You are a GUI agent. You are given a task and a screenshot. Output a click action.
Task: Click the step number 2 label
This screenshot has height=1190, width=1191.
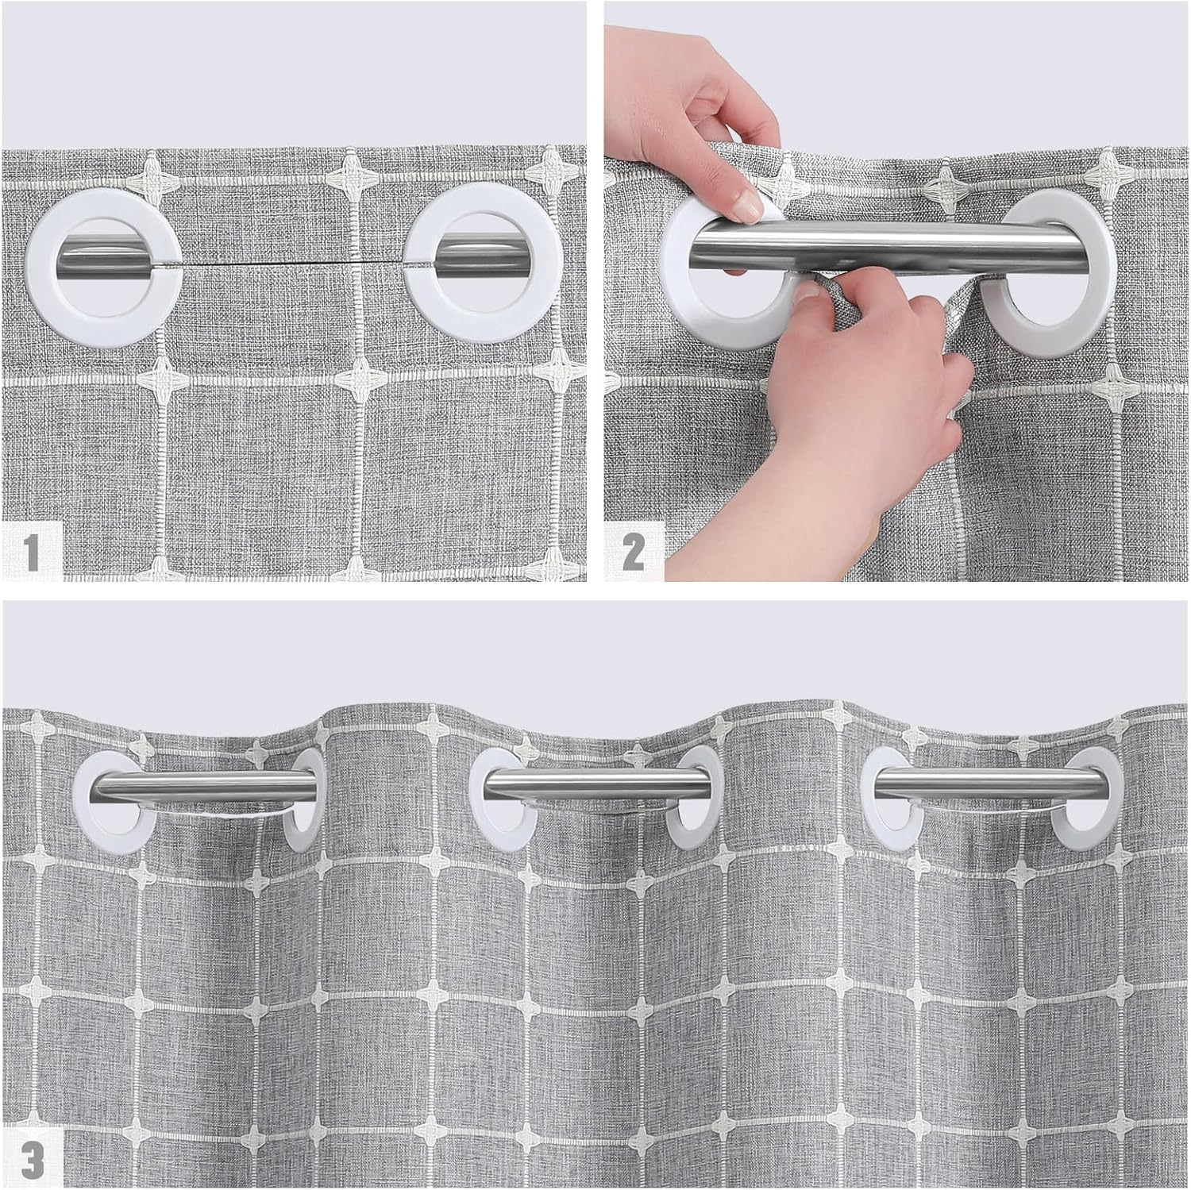point(634,551)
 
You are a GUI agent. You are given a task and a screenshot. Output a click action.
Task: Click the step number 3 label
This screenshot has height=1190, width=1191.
point(33,1159)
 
